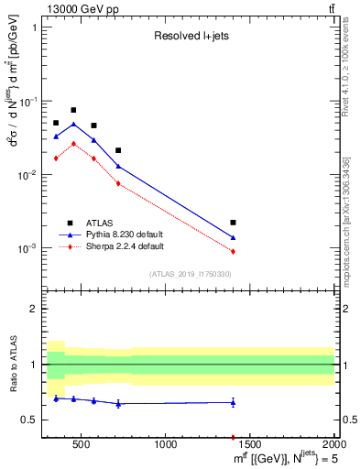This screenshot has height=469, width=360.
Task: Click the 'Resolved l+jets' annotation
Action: (x=189, y=38)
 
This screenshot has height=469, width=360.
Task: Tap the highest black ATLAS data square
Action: (x=73, y=110)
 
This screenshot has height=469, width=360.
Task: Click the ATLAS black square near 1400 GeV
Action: (x=234, y=223)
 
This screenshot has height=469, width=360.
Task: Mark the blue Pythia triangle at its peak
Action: (x=73, y=124)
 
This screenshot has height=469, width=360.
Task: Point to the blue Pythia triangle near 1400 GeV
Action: (x=234, y=238)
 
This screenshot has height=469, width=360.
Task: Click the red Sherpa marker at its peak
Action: (x=73, y=143)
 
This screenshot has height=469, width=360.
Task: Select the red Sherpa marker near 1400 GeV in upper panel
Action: (x=234, y=251)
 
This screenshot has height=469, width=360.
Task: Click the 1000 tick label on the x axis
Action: (x=166, y=445)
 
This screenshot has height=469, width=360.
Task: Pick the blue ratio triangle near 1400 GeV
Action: (x=234, y=402)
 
